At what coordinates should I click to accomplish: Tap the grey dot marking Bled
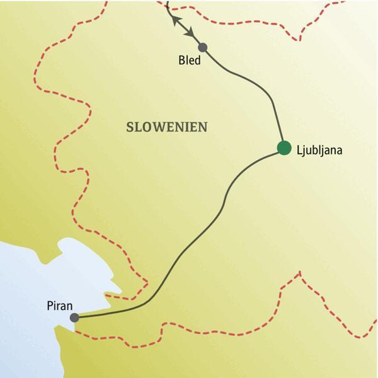point(202,47)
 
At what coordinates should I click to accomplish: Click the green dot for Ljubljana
point(283,148)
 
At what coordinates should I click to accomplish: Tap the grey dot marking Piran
point(74,318)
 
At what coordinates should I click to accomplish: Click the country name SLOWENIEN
point(167,127)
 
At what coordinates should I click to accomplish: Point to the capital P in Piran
point(50,306)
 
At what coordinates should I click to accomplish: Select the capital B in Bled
point(180,61)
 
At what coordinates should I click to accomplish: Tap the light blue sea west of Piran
point(25,277)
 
